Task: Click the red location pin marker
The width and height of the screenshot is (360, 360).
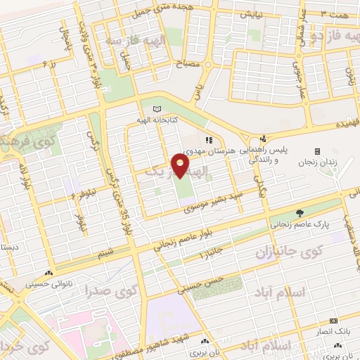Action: [x=180, y=165]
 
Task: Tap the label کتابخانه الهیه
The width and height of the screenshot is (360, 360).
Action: [x=156, y=120]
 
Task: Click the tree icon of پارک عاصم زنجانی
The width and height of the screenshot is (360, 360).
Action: [x=300, y=213]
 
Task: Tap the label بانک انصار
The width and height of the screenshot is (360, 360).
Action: [x=337, y=330]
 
